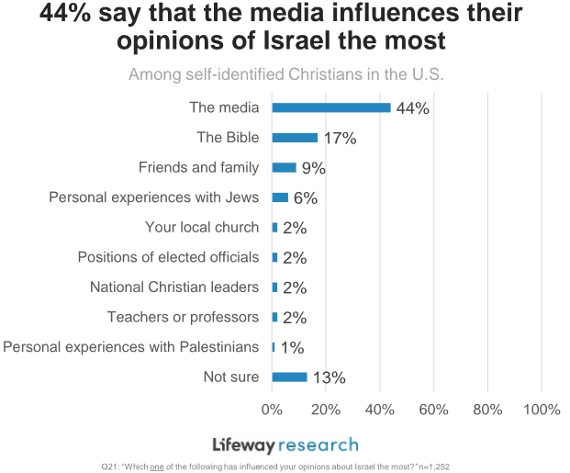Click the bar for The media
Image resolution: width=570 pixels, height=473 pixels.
pyautogui.click(x=331, y=107)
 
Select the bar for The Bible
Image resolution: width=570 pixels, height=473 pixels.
pyautogui.click(x=295, y=138)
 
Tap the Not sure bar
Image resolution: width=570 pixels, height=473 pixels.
pyautogui.click(x=289, y=377)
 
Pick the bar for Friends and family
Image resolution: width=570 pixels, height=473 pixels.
pyautogui.click(x=284, y=167)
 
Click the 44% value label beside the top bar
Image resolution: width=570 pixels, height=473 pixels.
pyautogui.click(x=413, y=108)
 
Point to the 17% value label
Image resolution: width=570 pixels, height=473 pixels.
pyautogui.click(x=340, y=139)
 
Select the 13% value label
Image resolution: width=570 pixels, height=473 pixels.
pyautogui.click(x=328, y=377)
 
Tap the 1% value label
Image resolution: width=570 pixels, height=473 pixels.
pyautogui.click(x=291, y=347)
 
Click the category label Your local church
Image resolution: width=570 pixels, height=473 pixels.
pyautogui.click(x=202, y=227)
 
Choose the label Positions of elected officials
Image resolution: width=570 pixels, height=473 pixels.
pyautogui.click(x=168, y=257)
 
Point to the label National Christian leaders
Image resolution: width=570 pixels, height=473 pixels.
pyautogui.click(x=174, y=287)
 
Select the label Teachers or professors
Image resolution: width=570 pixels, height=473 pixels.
pyautogui.click(x=183, y=317)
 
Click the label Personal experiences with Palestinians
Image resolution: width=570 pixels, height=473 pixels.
pyautogui.click(x=131, y=346)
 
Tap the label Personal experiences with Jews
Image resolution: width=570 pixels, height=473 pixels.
pyautogui.click(x=153, y=197)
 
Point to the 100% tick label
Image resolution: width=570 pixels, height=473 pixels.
pyautogui.click(x=540, y=409)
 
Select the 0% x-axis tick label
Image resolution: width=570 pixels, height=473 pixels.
pyautogui.click(x=272, y=409)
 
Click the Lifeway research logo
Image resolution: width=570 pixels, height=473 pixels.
pyautogui.click(x=285, y=445)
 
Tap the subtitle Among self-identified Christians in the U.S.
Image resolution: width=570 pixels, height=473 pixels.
pyautogui.click(x=285, y=74)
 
